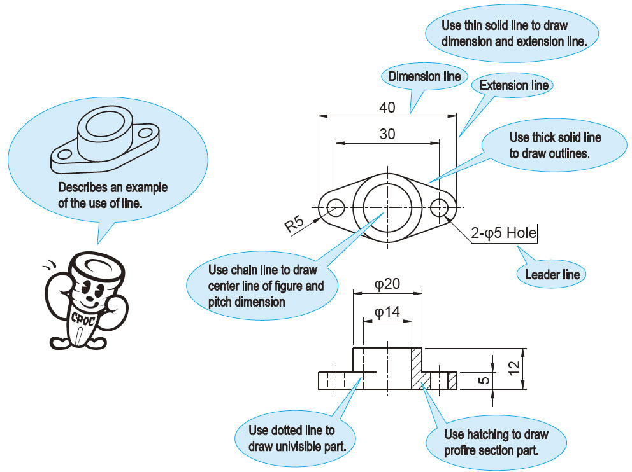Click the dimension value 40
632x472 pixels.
(x=387, y=108)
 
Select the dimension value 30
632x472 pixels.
(x=387, y=134)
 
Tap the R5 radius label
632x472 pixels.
(x=294, y=224)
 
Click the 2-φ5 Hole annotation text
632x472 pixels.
(x=503, y=233)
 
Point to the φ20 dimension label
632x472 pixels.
(x=387, y=284)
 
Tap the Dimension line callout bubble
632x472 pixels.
(x=424, y=76)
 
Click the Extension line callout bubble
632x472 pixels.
(x=513, y=85)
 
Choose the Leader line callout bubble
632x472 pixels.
(x=552, y=275)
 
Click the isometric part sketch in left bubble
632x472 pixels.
(x=104, y=141)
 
